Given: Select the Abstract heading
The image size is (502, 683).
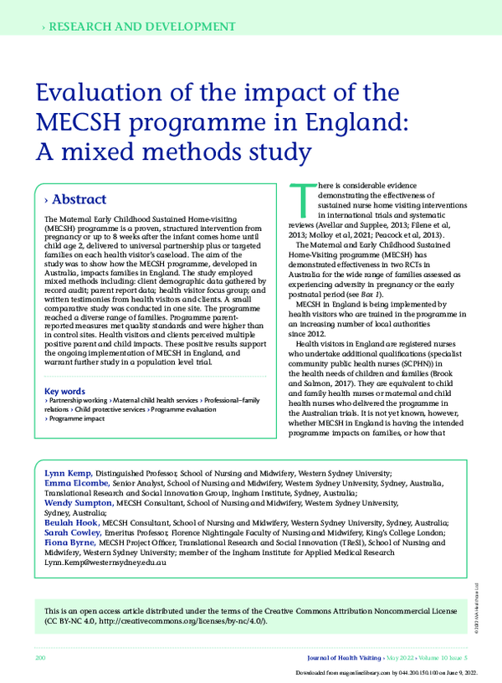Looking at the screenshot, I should tap(79, 200).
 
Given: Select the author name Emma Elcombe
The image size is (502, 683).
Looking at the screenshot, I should tap(75, 484).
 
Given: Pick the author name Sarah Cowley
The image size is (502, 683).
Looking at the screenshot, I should tap(72, 533).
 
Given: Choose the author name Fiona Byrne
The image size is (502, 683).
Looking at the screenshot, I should tap(70, 543).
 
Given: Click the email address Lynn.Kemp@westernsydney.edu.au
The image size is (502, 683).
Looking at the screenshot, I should tap(105, 563).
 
